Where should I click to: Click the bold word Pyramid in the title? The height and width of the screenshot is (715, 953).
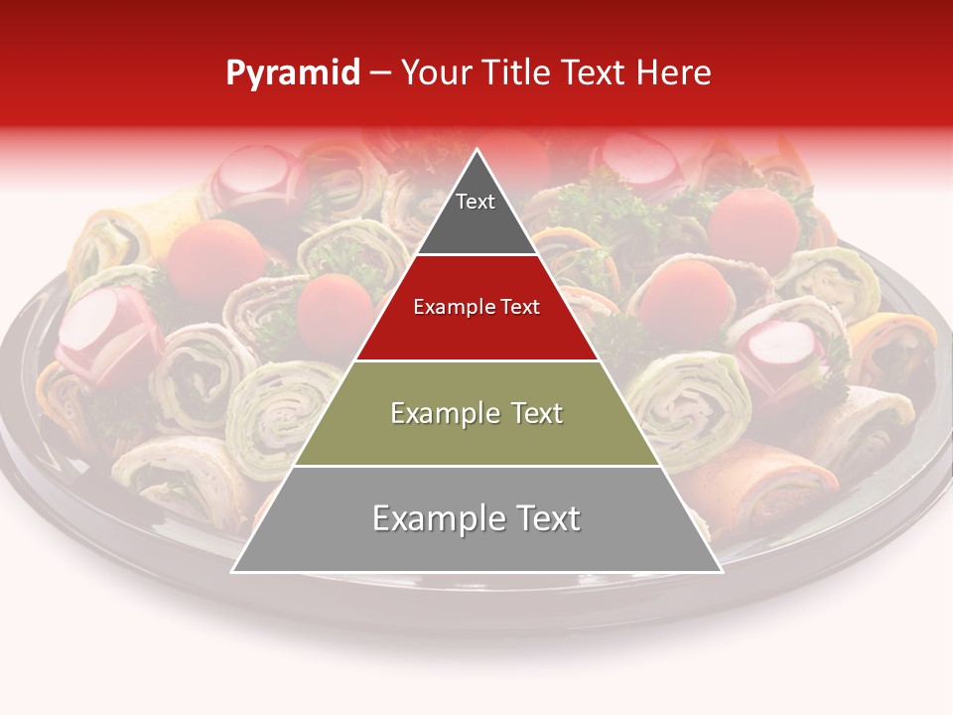click(293, 73)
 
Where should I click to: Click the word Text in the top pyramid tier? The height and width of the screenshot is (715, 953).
click(476, 203)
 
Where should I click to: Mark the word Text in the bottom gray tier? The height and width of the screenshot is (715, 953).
click(542, 519)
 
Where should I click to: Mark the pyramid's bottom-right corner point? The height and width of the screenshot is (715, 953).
click(721, 571)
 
